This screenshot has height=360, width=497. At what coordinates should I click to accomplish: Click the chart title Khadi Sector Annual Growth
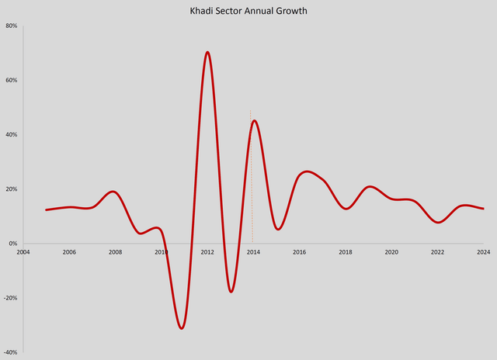click(x=248, y=12)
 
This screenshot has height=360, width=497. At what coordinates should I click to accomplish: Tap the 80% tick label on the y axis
click(x=12, y=26)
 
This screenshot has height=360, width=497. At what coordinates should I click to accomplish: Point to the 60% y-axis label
click(x=12, y=80)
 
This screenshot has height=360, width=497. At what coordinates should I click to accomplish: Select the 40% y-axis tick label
click(x=12, y=134)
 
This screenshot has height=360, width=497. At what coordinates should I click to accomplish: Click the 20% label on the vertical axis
click(x=12, y=189)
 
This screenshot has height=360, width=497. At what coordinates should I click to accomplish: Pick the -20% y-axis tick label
click(x=11, y=298)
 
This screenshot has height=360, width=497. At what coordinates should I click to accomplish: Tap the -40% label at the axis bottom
click(x=11, y=352)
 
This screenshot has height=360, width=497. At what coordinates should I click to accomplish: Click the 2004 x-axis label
click(x=23, y=252)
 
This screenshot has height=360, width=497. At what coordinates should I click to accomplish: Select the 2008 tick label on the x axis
click(x=115, y=252)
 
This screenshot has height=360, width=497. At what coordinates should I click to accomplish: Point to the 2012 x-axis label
click(x=207, y=252)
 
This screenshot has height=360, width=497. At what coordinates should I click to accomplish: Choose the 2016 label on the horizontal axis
click(x=300, y=252)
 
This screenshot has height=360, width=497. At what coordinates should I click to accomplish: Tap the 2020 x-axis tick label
click(x=391, y=252)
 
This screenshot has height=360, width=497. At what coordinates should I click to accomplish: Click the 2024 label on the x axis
click(x=483, y=252)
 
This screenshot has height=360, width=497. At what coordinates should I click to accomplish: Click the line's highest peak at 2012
click(x=207, y=52)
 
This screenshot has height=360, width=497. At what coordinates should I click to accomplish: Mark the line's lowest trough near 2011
click(x=182, y=328)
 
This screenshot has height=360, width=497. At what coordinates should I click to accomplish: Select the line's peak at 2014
click(x=254, y=120)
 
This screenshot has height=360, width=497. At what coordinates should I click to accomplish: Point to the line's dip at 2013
click(x=231, y=292)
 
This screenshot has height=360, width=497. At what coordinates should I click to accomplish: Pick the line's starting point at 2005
click(x=47, y=209)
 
